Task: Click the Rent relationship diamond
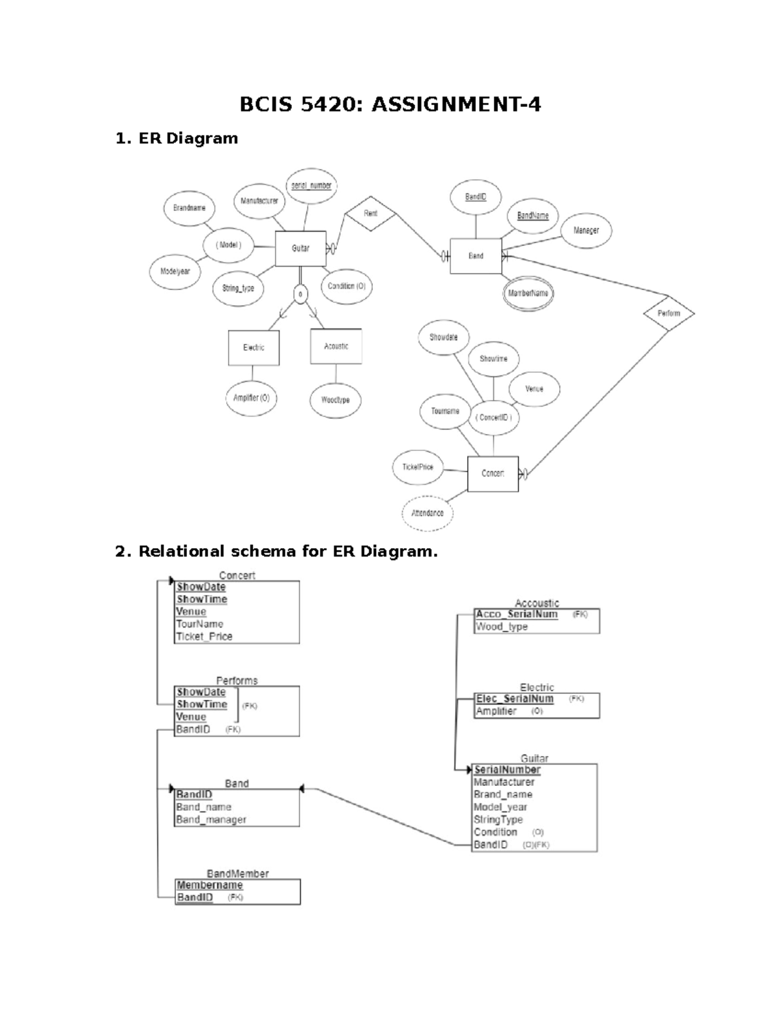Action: tap(370, 213)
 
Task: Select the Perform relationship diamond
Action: tap(669, 313)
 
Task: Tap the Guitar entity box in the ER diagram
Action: tap(300, 248)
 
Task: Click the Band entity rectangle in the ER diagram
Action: tap(476, 256)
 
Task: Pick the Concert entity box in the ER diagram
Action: tap(493, 474)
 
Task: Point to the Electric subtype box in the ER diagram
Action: tap(253, 348)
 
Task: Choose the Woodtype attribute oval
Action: tap(336, 400)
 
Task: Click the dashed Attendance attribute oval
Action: tap(427, 513)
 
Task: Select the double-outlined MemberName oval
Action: tap(529, 293)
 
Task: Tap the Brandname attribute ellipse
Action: tap(189, 208)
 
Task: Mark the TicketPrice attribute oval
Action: tap(418, 467)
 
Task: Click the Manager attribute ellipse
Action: tap(586, 230)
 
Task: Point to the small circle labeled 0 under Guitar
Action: tap(300, 295)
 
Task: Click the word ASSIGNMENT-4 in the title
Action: tap(456, 104)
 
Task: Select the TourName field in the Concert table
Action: tap(199, 624)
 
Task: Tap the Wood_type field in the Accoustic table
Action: tap(501, 627)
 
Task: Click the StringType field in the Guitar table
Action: tap(499, 820)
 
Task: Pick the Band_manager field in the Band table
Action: tap(211, 820)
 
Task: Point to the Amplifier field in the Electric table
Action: tap(496, 712)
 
